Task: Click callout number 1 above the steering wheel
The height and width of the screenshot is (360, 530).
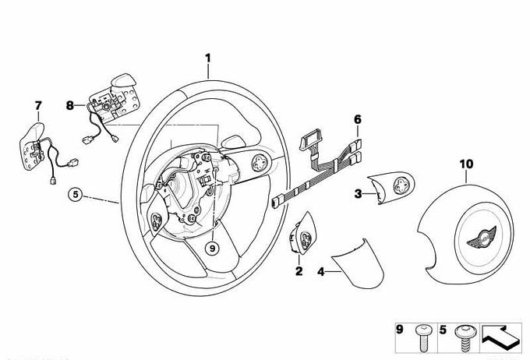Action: tap(208, 58)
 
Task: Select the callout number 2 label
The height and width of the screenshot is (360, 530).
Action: tap(298, 271)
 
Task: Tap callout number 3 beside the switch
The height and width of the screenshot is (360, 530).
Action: tap(358, 194)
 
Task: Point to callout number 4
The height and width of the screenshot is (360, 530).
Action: tap(321, 271)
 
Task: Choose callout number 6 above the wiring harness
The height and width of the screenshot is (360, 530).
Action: tap(358, 119)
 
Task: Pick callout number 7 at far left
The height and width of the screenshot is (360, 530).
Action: tap(37, 104)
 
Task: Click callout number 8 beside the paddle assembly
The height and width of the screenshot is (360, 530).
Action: tap(69, 104)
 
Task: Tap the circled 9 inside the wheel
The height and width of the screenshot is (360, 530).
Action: tap(210, 248)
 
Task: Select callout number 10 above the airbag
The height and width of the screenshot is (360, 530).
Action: tap(466, 164)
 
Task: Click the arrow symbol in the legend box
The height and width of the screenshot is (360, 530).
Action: tap(501, 336)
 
